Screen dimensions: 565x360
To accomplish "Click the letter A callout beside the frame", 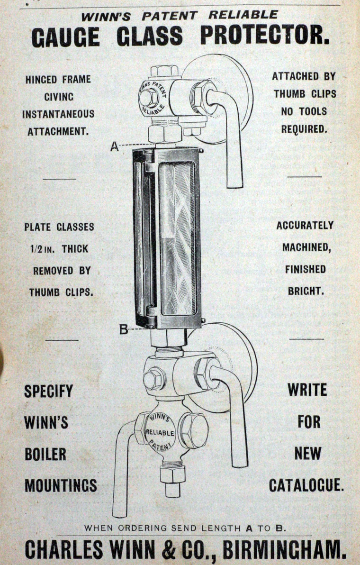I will [114, 146].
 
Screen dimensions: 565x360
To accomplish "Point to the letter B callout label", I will [124, 329].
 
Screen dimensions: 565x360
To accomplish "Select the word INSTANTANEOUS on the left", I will [58, 114].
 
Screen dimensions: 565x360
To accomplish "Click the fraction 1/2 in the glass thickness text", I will [35, 249].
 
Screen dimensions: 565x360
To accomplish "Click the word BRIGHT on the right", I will [306, 291].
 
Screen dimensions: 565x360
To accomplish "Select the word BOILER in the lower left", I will [45, 454].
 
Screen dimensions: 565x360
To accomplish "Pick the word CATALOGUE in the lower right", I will [306, 485].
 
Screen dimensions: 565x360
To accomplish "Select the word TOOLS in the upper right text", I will [315, 111].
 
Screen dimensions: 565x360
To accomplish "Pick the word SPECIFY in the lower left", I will [49, 392].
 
